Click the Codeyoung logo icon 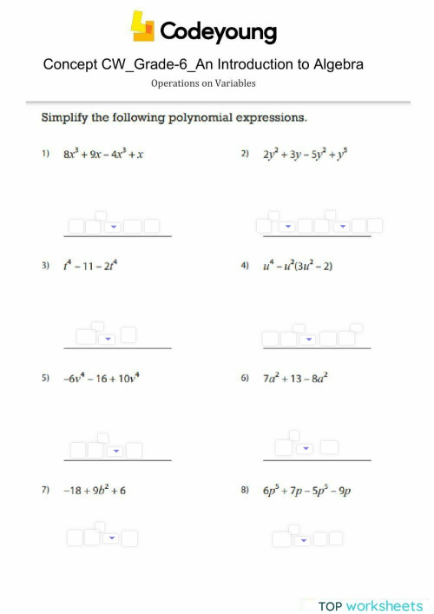142,27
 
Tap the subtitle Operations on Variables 203,83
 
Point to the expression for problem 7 94,491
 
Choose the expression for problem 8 307,491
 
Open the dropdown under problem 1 114,228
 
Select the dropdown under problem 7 110,538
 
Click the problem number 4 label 245,267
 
